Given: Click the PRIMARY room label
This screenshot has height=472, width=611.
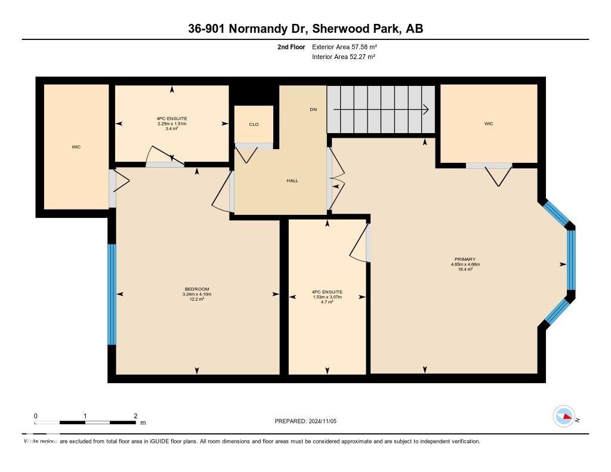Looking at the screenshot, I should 464,259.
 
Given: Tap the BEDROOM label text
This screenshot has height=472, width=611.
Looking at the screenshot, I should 197,289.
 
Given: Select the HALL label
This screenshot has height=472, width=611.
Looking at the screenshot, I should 292,181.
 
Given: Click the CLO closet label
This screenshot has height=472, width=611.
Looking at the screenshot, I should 254,124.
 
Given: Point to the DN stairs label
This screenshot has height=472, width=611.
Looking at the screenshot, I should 313,109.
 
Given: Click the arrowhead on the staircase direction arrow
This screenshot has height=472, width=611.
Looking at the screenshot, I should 426,109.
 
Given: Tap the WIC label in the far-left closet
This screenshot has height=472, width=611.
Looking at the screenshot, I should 76,147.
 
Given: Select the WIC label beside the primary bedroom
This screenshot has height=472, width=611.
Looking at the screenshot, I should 489,124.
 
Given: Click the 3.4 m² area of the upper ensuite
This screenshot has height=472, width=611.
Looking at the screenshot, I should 172,128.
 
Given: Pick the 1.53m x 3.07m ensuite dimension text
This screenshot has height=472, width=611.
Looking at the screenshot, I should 327,297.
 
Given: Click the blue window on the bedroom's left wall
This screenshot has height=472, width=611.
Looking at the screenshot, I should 112,294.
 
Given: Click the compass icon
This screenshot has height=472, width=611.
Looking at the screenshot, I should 564,417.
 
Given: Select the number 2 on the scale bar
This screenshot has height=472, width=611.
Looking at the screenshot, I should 135,416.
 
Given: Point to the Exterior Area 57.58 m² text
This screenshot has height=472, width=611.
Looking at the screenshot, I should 344,47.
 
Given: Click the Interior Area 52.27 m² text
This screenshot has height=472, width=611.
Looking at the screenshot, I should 343,57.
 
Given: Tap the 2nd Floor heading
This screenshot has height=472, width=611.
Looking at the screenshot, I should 291,47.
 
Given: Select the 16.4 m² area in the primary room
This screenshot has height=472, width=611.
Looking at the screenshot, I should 464,269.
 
